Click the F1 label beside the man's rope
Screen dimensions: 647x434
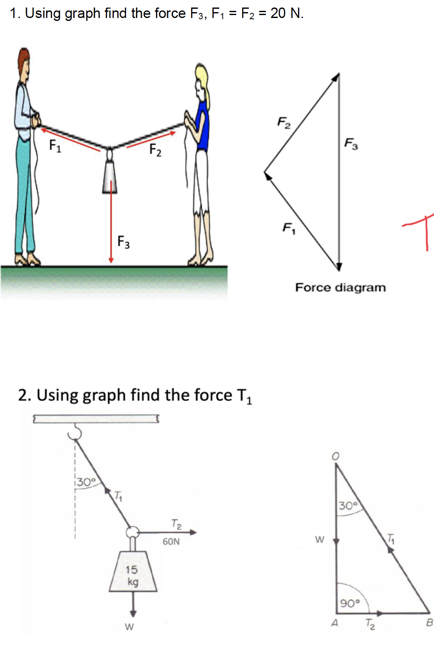point(55,145)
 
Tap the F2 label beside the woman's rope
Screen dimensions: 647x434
point(155,150)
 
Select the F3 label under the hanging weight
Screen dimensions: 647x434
point(123,242)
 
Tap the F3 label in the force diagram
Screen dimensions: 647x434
point(351,144)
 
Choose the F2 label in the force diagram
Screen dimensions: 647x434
point(284,122)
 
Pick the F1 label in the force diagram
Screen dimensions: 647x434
point(289,228)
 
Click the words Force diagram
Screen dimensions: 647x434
point(340,288)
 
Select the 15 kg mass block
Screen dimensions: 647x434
point(133,573)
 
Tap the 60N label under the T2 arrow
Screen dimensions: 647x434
point(171,542)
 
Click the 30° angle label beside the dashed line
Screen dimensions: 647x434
point(86,482)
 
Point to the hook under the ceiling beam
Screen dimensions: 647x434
point(75,432)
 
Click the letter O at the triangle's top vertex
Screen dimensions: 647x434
point(335,456)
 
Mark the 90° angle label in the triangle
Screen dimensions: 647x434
point(350,603)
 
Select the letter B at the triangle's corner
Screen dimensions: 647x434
point(429,623)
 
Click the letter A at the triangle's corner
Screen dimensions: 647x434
point(334,623)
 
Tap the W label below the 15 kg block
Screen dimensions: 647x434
point(130,627)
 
